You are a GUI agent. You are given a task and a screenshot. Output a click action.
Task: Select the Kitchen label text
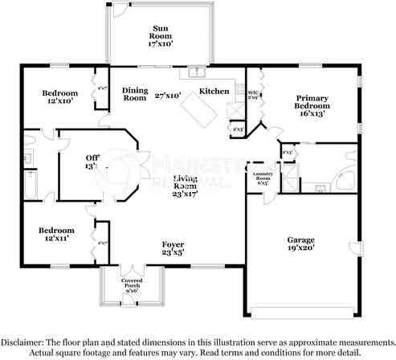[x=214, y=91]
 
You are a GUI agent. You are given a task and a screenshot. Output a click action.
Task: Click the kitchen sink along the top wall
[x=196, y=72]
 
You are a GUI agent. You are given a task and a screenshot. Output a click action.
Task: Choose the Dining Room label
[x=134, y=94]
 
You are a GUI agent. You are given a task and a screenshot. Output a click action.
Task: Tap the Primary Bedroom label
[x=312, y=100]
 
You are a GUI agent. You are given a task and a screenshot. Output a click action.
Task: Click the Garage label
[x=301, y=239]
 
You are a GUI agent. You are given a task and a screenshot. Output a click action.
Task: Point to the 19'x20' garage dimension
[x=301, y=248]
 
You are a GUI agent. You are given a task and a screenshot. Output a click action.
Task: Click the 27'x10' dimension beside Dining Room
[x=168, y=95]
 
